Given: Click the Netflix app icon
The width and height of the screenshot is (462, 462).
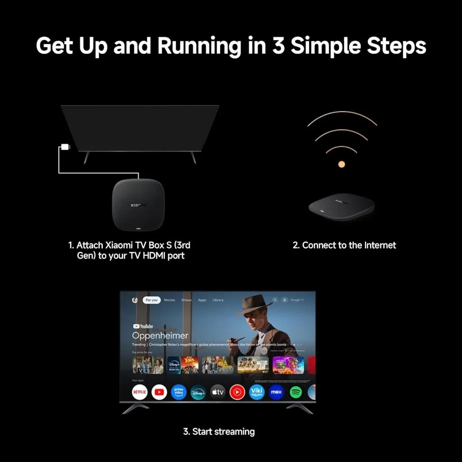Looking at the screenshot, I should (140, 392).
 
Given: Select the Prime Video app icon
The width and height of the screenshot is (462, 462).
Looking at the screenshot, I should (179, 392).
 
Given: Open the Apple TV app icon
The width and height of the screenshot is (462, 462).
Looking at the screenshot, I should (218, 392).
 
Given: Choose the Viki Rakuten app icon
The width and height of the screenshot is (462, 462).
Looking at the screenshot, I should (257, 392).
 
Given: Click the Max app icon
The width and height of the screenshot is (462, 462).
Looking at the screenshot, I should (276, 392).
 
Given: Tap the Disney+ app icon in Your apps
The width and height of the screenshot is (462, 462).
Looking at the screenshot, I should (198, 392).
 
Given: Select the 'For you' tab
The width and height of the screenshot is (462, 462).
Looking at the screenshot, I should (152, 300).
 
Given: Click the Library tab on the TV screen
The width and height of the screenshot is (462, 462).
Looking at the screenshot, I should (218, 300).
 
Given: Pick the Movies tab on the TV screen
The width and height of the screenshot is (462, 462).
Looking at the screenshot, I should (170, 300).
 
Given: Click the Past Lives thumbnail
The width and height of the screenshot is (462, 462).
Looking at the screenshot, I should (148, 365).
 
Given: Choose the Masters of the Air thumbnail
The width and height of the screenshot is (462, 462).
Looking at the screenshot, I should (253, 365).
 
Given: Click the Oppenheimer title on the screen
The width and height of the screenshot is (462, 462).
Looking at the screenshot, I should (160, 336).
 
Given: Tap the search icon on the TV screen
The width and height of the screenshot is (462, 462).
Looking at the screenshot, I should (274, 300).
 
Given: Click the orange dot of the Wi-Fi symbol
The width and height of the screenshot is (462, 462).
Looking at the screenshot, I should (342, 164).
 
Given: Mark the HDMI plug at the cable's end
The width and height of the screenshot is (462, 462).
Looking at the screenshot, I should (65, 147).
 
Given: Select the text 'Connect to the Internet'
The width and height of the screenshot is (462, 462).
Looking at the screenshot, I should (344, 245).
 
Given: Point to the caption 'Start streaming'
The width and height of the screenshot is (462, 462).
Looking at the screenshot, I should (219, 432).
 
